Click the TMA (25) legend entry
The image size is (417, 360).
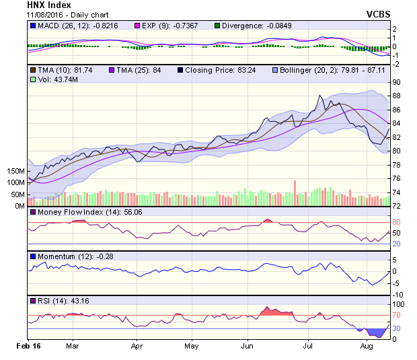coord(141,69)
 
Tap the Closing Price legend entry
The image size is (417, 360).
coord(221,69)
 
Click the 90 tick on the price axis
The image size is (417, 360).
coord(397,82)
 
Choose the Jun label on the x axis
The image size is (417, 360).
coord(247,347)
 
